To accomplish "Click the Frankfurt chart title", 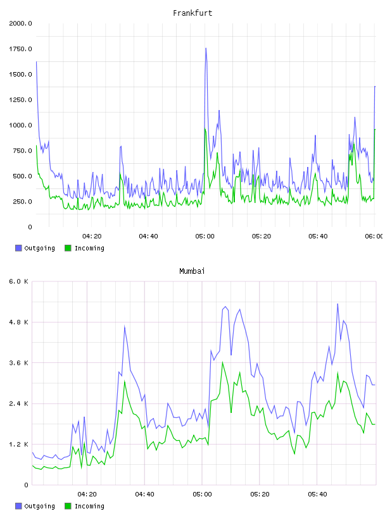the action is (192, 13).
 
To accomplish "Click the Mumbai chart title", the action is (192, 271).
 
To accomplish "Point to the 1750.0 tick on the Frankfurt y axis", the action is (20, 49).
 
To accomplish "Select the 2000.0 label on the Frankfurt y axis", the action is (20, 23).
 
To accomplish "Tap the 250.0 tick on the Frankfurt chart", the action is (22, 201).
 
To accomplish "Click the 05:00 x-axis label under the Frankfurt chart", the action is (205, 236).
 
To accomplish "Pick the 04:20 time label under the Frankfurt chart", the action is (92, 236).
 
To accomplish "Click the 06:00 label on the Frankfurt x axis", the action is (374, 236).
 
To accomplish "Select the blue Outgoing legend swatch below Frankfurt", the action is (18, 248).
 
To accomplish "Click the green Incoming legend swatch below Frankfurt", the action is (68, 248).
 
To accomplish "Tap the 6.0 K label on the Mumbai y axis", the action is (18, 281).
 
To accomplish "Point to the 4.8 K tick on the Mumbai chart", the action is (18, 322).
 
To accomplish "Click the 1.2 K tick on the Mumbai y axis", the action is (18, 445).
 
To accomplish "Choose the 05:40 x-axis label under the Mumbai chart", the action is (317, 494).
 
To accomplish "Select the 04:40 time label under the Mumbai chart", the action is (145, 494).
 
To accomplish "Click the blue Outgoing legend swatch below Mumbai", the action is (18, 506).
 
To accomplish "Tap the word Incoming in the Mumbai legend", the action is (89, 506).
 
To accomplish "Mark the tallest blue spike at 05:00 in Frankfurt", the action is (206, 48).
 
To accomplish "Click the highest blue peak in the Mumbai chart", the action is (338, 304).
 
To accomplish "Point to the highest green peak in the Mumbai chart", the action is (223, 362).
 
